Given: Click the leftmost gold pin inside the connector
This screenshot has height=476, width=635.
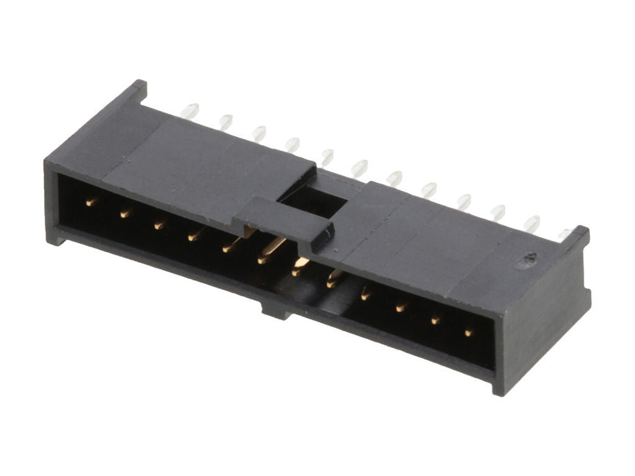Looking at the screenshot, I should (x=91, y=202).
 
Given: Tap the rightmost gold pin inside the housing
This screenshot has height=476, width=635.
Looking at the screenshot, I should (x=469, y=333).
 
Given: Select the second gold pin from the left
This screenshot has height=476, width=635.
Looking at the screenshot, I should (x=126, y=213).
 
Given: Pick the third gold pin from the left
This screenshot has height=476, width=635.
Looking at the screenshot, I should (x=160, y=224).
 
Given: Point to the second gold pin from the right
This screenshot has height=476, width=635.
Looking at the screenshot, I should (x=435, y=320).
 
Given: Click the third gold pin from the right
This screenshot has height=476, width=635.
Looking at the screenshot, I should (x=401, y=306).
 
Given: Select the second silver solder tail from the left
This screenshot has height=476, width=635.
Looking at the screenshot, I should (x=225, y=121).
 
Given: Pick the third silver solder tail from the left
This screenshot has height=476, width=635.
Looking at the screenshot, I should (x=259, y=133).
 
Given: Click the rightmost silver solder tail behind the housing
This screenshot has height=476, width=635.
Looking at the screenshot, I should (x=564, y=234).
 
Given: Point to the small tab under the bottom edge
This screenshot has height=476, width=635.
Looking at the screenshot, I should (x=277, y=309).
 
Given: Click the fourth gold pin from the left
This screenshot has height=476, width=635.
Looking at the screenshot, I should (x=195, y=236).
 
